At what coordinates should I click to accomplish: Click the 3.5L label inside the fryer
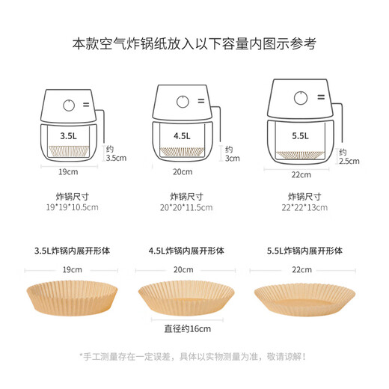pyautogui.click(x=68, y=137)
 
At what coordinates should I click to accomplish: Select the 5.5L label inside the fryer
pyautogui.click(x=300, y=137)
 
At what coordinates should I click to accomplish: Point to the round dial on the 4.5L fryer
pyautogui.click(x=183, y=102)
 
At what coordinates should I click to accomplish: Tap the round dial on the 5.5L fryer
pyautogui.click(x=300, y=97)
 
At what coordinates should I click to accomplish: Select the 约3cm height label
pyautogui.click(x=232, y=153)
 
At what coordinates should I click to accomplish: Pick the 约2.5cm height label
pyautogui.click(x=349, y=156)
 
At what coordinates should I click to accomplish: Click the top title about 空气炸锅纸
pyautogui.click(x=194, y=43)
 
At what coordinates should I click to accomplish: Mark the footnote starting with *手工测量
pyautogui.click(x=194, y=356)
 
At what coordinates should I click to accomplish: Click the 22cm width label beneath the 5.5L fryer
pyautogui.click(x=300, y=174)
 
